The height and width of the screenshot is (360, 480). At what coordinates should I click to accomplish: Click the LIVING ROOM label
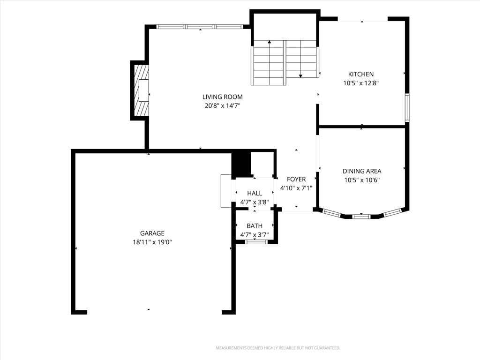click(223, 97)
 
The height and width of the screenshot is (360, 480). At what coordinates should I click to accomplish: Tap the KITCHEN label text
click(361, 74)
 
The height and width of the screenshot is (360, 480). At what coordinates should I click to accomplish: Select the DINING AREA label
click(362, 171)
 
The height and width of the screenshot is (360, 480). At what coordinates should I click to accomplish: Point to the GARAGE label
click(152, 233)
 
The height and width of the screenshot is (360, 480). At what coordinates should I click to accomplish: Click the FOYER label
click(296, 179)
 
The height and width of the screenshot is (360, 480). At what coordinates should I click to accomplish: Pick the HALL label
click(255, 193)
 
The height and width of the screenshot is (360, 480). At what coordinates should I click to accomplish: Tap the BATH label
click(255, 226)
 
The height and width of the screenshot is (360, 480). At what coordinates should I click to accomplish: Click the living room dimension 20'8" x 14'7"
click(223, 106)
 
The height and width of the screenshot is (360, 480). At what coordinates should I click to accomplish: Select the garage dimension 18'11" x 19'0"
click(152, 242)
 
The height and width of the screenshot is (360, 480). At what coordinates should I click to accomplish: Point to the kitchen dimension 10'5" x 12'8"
click(361, 83)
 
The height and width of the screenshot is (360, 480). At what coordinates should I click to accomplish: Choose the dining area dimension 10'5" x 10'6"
click(362, 180)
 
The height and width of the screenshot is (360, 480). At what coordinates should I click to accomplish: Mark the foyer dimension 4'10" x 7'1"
click(296, 188)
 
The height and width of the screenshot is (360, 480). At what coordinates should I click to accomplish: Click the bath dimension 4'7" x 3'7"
click(255, 235)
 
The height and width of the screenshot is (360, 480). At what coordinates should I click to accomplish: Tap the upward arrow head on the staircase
click(270, 42)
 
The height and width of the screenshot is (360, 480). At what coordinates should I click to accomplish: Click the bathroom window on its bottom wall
click(256, 242)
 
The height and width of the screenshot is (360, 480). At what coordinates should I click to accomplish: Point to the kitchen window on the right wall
click(407, 107)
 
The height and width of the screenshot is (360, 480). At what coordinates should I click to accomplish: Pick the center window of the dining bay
click(361, 217)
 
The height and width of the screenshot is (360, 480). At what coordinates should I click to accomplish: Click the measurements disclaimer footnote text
click(278, 348)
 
